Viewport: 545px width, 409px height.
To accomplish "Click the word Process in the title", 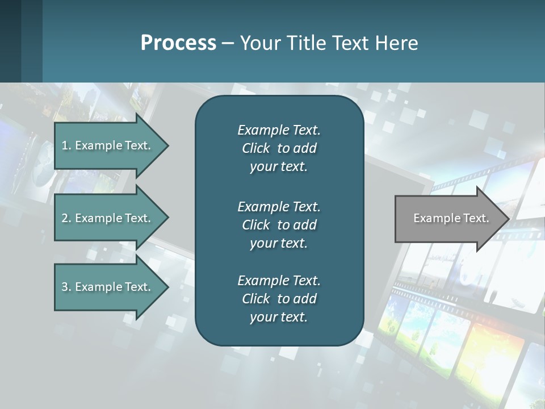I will (x=178, y=43).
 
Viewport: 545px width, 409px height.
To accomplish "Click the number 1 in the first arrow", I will (x=65, y=145).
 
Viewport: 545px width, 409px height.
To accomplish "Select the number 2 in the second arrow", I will (x=65, y=218).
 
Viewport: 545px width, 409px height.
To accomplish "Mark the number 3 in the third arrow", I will (x=65, y=287).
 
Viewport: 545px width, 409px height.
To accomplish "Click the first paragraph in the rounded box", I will (x=279, y=148).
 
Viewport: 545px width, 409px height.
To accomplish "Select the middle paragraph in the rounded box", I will (x=279, y=224).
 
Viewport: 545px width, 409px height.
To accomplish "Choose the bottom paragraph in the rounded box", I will (x=279, y=299).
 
